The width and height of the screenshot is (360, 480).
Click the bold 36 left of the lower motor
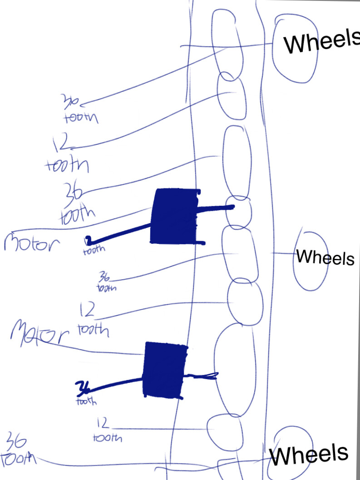coord(83,387)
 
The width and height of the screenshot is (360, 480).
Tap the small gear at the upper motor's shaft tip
coord(239,211)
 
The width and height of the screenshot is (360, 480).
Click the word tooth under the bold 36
coord(86,401)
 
